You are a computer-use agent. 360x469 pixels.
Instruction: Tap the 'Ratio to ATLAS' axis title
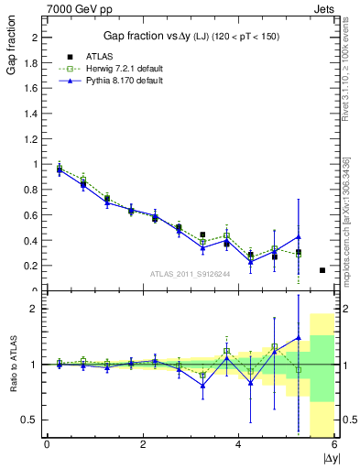coord(12,365)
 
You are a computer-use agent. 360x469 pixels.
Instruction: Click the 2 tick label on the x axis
coord(143,445)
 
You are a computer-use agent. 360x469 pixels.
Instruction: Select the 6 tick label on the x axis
coord(334,445)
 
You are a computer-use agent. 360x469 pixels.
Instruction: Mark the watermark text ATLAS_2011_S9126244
coord(189,273)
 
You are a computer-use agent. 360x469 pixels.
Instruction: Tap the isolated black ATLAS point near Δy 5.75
coord(322,270)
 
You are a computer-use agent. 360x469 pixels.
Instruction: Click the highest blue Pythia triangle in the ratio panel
coord(298,337)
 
